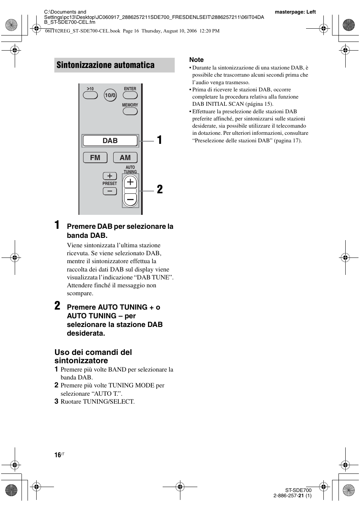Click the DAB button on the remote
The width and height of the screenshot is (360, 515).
point(110,141)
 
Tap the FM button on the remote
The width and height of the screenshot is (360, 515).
point(95,157)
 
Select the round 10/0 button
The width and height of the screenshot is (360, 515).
point(110,96)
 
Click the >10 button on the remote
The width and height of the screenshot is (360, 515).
point(90,95)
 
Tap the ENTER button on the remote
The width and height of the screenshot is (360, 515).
point(130,95)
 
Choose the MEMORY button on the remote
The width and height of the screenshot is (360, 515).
point(130,111)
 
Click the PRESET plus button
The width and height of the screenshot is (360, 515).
point(109,176)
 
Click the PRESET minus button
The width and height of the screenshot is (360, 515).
point(109,191)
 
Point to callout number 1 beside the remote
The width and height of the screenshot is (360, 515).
point(160,140)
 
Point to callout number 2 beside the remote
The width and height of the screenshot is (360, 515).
point(160,190)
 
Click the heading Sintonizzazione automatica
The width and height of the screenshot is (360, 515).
point(105,65)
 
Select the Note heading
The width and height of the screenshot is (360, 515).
point(196,60)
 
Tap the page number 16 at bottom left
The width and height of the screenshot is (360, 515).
point(58,455)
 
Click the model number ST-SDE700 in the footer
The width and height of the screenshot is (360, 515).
point(298,490)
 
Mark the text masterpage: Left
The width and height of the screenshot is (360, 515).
point(295,12)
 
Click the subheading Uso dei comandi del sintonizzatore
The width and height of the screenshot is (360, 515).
point(93,356)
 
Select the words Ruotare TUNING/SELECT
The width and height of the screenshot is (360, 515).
point(97,401)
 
